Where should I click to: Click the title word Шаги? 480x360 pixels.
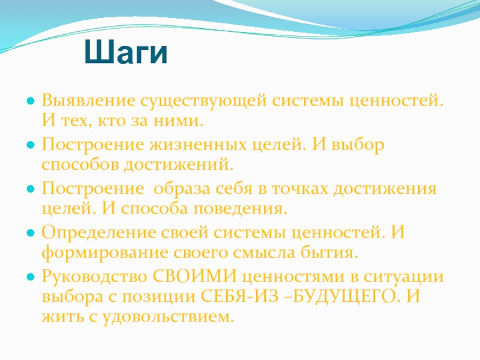point(126,52)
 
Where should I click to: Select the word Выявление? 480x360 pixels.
point(88,100)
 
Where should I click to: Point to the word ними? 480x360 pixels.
point(178,121)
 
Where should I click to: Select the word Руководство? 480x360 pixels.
point(94,277)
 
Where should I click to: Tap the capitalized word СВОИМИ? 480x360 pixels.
point(194,276)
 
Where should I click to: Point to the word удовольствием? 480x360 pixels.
point(168,317)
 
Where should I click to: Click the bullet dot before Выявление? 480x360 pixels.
point(31,101)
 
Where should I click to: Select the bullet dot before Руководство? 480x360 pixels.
point(31,277)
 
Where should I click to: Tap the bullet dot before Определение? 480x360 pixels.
point(31,233)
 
